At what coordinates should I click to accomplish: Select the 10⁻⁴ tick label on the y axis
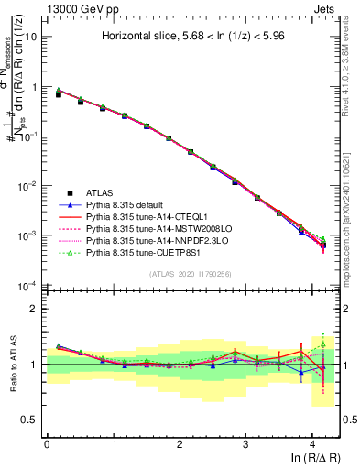(x=29, y=285)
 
